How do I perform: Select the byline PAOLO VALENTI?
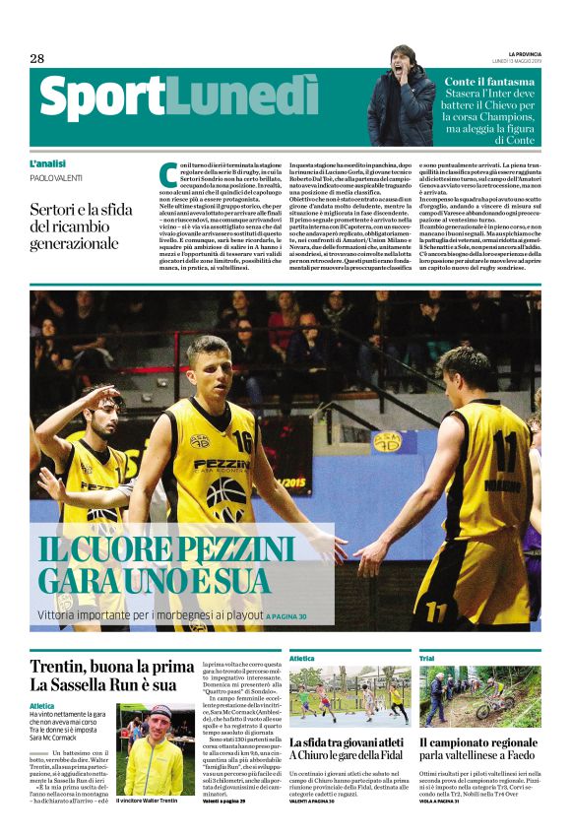tap(56, 178)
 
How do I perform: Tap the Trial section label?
tap(426, 658)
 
